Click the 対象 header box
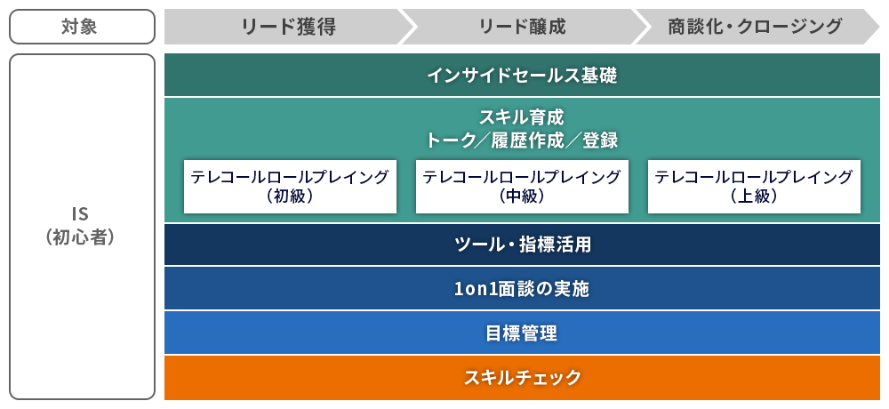pos(82,27)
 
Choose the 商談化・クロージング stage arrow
pos(757,27)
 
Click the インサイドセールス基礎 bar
pos(522,75)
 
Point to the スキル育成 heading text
pos(522,117)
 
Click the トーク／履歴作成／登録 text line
pos(522,140)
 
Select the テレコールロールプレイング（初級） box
pos(291,187)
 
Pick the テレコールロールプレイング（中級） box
pos(522,187)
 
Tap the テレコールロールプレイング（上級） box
pos(754,187)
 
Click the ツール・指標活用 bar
pos(522,245)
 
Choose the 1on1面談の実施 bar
pos(522,289)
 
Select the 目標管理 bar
pos(522,333)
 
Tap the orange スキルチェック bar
pos(522,378)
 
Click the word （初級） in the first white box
pos(291,196)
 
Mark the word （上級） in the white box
pos(754,196)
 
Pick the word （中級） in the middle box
pos(522,196)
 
